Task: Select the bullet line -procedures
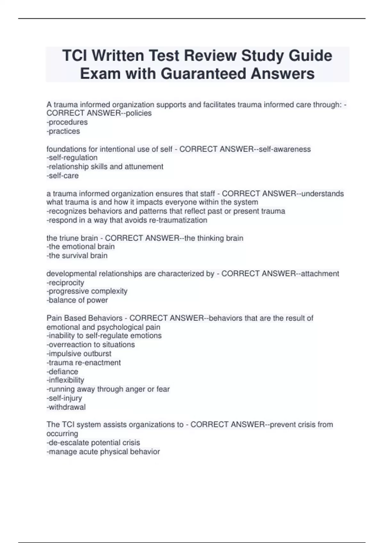click(67, 122)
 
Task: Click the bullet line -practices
click(63, 131)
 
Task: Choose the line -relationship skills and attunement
click(105, 166)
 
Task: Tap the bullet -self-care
click(63, 175)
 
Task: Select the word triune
click(69, 238)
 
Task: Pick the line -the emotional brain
click(81, 247)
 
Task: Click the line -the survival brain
click(77, 256)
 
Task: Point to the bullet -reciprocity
click(66, 283)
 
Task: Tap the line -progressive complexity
click(87, 291)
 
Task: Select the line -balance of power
click(77, 300)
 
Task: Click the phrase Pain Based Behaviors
click(84, 318)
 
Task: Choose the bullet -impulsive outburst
click(79, 354)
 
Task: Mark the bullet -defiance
click(62, 371)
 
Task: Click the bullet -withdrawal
click(66, 407)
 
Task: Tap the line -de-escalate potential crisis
click(93, 443)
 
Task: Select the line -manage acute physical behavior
click(103, 452)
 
